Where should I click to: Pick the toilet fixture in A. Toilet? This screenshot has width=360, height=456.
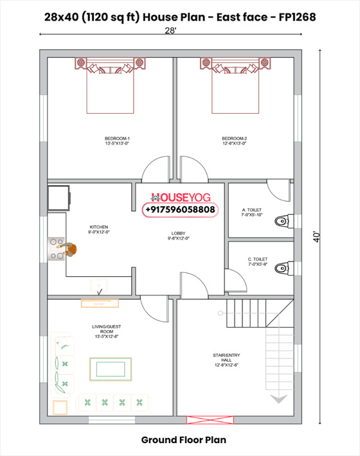click(x=283, y=222)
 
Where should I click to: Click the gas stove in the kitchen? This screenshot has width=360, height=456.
click(x=57, y=248)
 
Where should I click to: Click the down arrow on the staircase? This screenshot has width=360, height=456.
click(x=278, y=399)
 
